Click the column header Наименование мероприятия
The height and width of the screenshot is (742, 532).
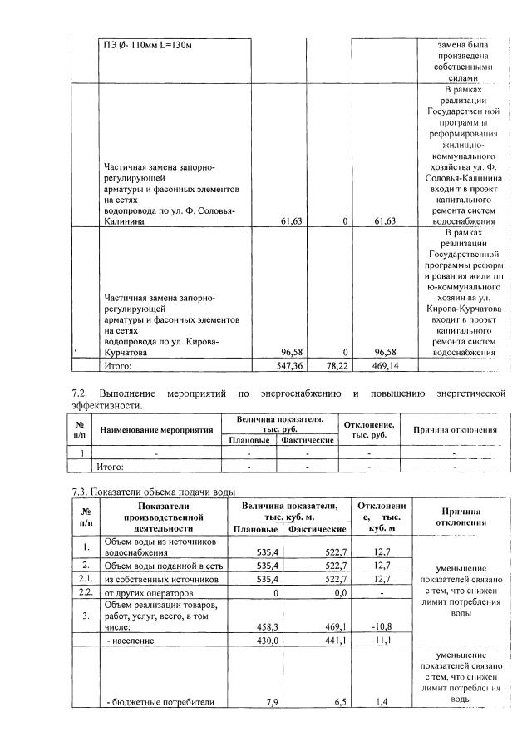(157, 429)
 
